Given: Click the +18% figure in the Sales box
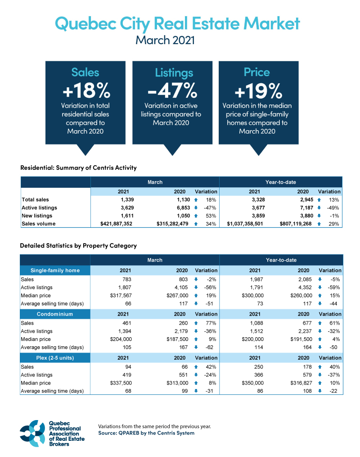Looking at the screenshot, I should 86,91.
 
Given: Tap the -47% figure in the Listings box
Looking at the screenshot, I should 172,91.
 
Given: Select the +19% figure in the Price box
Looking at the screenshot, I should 258,91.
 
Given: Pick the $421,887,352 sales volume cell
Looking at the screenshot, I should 112,224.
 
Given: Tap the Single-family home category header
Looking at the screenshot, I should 55,271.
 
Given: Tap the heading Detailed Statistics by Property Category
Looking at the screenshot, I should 78,246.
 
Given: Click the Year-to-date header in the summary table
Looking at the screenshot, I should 281,183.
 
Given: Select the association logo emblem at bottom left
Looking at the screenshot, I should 32,433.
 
